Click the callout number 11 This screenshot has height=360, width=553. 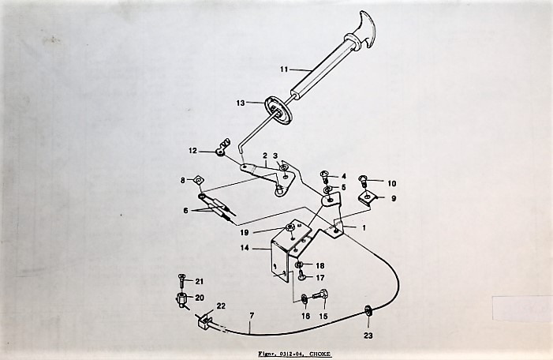point(284,69)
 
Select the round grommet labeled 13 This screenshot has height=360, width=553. point(278,110)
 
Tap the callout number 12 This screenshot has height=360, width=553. point(192,151)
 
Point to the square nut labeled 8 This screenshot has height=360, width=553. point(198,180)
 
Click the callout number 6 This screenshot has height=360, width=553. point(185,211)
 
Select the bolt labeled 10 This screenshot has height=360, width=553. point(363,180)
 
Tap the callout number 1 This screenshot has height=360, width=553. point(364,228)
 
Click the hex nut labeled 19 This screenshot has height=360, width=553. point(290,227)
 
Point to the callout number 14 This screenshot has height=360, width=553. point(245,248)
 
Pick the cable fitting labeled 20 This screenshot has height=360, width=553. point(182,301)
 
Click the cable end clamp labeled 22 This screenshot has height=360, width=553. point(204,321)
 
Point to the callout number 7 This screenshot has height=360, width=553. point(252,316)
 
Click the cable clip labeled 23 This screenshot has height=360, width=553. point(368,311)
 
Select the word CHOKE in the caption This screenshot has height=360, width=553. point(319,354)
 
